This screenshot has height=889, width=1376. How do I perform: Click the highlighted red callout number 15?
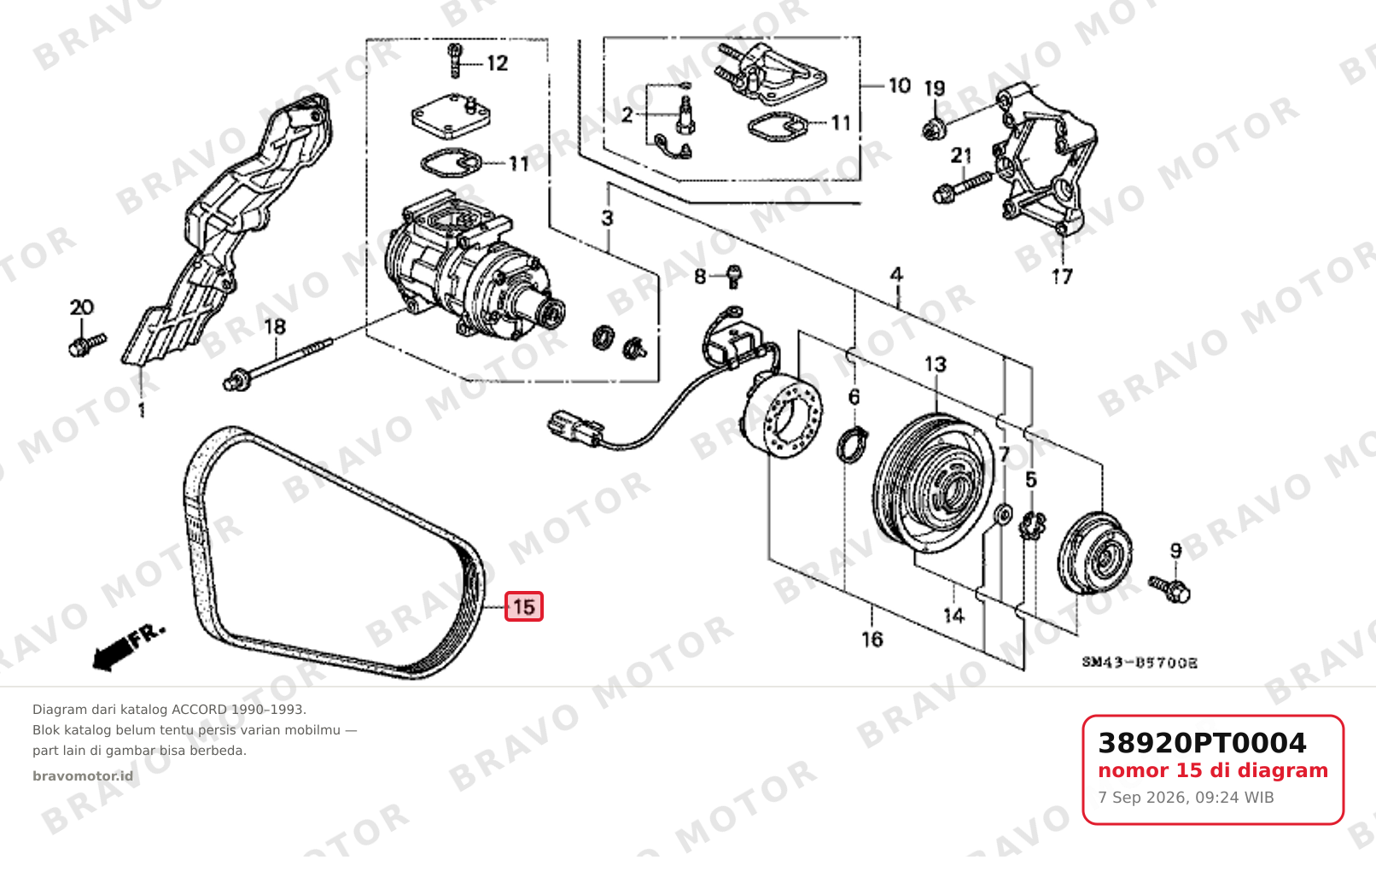point(523,606)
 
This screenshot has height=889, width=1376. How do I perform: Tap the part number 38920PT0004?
point(1202,743)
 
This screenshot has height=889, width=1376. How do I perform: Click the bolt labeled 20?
point(86,345)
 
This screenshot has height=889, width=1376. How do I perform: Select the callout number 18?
point(275,326)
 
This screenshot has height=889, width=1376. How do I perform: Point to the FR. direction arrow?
point(128,648)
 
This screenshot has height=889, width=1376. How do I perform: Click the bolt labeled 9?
point(1169,588)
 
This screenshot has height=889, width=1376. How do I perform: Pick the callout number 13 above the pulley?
point(936,365)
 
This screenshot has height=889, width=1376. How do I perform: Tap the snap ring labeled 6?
point(852,446)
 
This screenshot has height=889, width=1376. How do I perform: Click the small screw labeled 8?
point(734,277)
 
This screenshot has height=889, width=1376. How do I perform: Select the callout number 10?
point(900,85)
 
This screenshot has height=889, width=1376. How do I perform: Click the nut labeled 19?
point(934,130)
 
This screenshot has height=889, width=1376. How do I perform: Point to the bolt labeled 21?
point(962,186)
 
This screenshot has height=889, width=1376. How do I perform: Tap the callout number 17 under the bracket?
point(1062,277)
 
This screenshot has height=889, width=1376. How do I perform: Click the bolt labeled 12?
point(455,61)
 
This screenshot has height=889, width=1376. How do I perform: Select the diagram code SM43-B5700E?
point(1140,663)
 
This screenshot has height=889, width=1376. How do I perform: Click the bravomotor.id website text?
point(83,776)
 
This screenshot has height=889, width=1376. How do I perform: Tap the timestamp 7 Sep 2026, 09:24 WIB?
point(1187,798)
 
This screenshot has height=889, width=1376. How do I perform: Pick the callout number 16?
point(872,640)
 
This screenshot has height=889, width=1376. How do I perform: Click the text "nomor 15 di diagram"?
point(1213,770)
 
